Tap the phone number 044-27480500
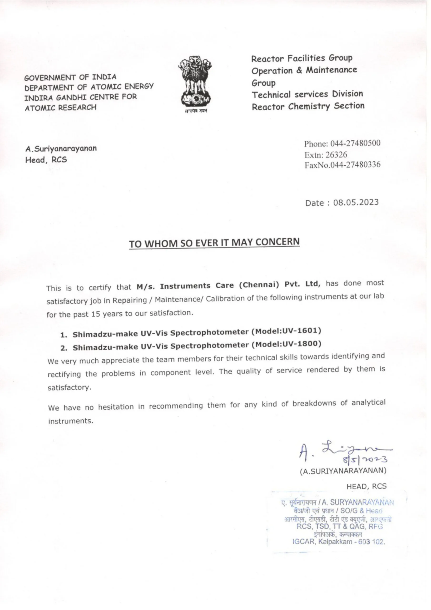[x=355, y=143]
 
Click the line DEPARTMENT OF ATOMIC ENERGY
[x=89, y=87]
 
